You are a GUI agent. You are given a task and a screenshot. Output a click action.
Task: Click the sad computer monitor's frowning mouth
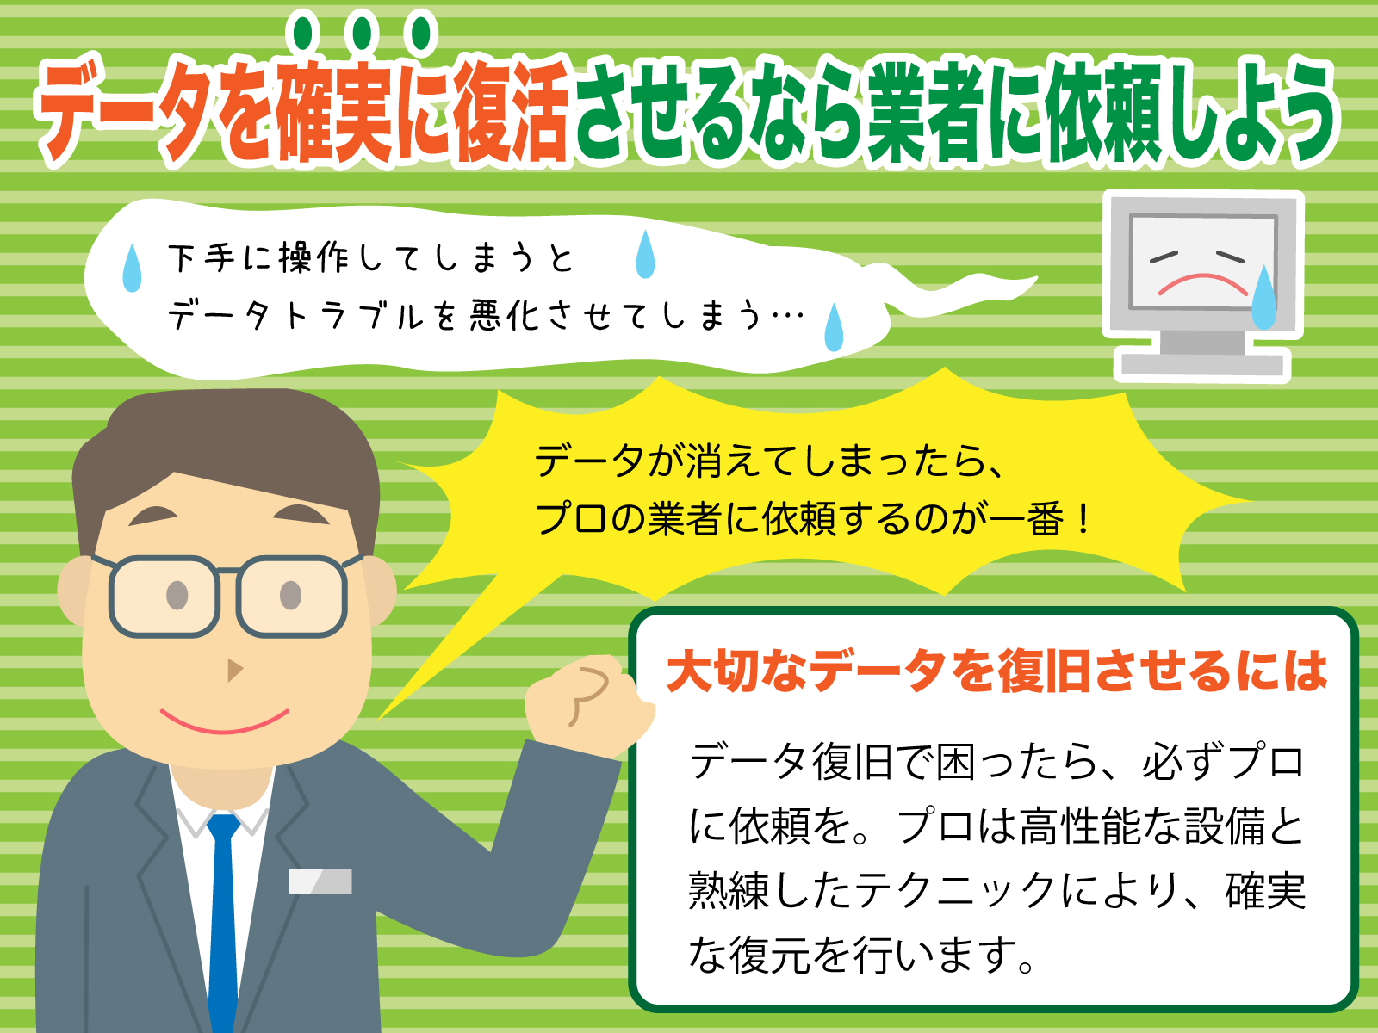(x=1202, y=283)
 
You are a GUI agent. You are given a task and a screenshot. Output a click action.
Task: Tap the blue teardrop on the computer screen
(x=1263, y=299)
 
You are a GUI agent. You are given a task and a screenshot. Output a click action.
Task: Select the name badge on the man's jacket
(x=320, y=881)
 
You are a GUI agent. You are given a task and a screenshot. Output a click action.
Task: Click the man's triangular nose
(x=233, y=670)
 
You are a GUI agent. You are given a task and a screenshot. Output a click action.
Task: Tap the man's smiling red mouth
(x=224, y=721)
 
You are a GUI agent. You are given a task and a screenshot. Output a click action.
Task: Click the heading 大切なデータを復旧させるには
(x=996, y=672)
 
